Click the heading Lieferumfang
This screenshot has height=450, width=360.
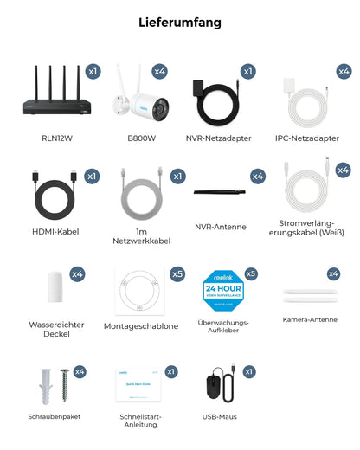point(179,22)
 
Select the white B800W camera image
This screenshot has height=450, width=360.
point(134,101)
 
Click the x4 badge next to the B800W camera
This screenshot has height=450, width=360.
point(160,71)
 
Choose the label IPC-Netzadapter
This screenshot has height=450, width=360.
point(306,136)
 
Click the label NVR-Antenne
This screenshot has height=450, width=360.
point(220,227)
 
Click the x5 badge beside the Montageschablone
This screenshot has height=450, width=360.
point(177,273)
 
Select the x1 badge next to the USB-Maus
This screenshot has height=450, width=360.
point(249,371)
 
